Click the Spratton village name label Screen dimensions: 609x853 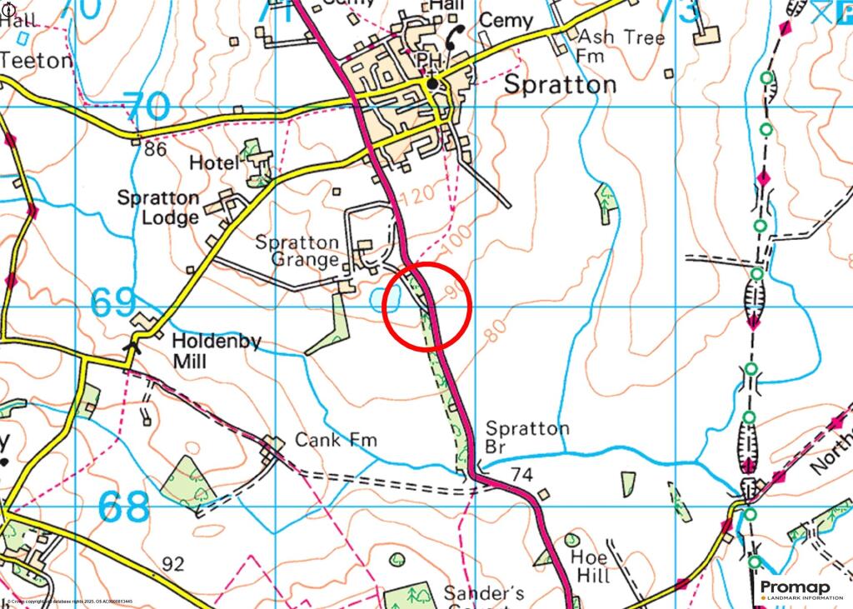tap(561, 85)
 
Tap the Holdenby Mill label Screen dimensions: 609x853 tap(200, 352)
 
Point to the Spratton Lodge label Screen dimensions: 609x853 tap(158, 208)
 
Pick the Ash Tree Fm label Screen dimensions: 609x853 tap(621, 47)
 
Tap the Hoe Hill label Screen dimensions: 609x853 tap(591, 566)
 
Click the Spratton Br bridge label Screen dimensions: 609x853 tap(527, 437)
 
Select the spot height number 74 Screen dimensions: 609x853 tap(521, 475)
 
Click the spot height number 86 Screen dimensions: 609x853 tap(156, 150)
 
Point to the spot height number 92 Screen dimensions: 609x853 tap(172, 565)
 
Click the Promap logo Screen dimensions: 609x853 tap(801, 590)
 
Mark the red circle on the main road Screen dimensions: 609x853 tap(427, 306)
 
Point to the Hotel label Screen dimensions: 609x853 tap(213, 163)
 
